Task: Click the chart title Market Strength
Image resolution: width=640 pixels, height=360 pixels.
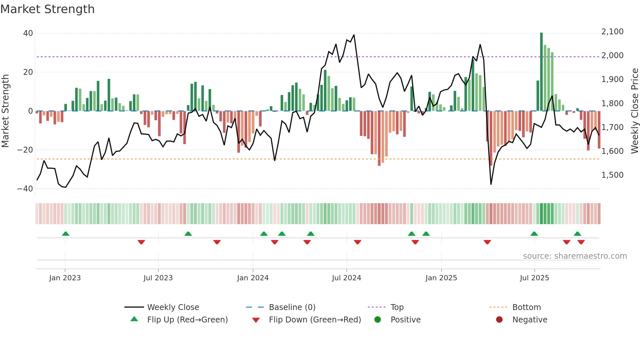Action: pos(47,9)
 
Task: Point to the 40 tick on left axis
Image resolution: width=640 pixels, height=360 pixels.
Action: pos(28,33)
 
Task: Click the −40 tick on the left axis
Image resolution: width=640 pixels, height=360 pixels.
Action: pos(25,189)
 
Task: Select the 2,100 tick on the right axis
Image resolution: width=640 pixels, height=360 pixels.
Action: pos(612,32)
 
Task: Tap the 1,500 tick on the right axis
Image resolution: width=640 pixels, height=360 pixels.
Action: pos(612,175)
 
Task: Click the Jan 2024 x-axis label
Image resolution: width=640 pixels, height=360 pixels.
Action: pos(253,278)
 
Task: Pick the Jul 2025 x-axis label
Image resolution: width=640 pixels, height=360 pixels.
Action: pos(534,278)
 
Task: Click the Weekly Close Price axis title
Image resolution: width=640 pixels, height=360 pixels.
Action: pos(634,111)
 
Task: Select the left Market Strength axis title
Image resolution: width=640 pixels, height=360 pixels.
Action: pos(6,111)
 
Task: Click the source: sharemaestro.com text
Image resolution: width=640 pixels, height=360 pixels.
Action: pos(575,256)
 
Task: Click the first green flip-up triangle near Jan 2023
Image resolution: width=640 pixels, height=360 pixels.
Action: pos(66,234)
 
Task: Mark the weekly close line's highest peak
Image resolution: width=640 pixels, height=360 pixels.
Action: pos(354,35)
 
